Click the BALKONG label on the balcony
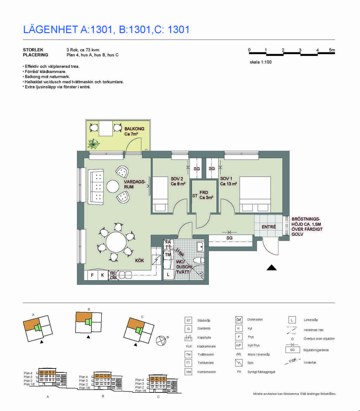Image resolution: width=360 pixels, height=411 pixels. coord(134,129)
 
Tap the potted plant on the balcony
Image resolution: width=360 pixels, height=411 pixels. coord(94,144)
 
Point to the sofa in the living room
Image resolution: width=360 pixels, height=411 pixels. coord(96,187)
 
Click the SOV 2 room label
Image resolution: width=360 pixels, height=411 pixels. coord(177,179)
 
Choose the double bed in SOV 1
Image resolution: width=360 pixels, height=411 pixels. coord(255,194)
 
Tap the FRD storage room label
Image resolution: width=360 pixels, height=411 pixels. coord(204,193)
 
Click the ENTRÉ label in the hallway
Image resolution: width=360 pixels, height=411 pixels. coord(269,227)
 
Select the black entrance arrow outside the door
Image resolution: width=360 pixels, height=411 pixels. coord(271,268)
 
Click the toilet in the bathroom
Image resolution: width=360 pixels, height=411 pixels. coord(199,261)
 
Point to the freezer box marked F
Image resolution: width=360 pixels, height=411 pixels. coord(92,275)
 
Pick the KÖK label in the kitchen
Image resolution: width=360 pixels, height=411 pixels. coord(139,261)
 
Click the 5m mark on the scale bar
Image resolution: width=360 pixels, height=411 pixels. coord(332,50)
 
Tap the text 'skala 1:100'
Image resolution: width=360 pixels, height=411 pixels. coord(261,62)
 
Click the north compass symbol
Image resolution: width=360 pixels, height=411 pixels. coord(161,340)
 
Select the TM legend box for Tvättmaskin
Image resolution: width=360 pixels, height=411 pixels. coord(188,354)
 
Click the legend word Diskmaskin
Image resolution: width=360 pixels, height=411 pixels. coord(255,320)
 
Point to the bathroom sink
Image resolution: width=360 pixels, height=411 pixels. coord(200,246)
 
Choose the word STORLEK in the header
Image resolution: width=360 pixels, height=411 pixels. coord(33,50)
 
